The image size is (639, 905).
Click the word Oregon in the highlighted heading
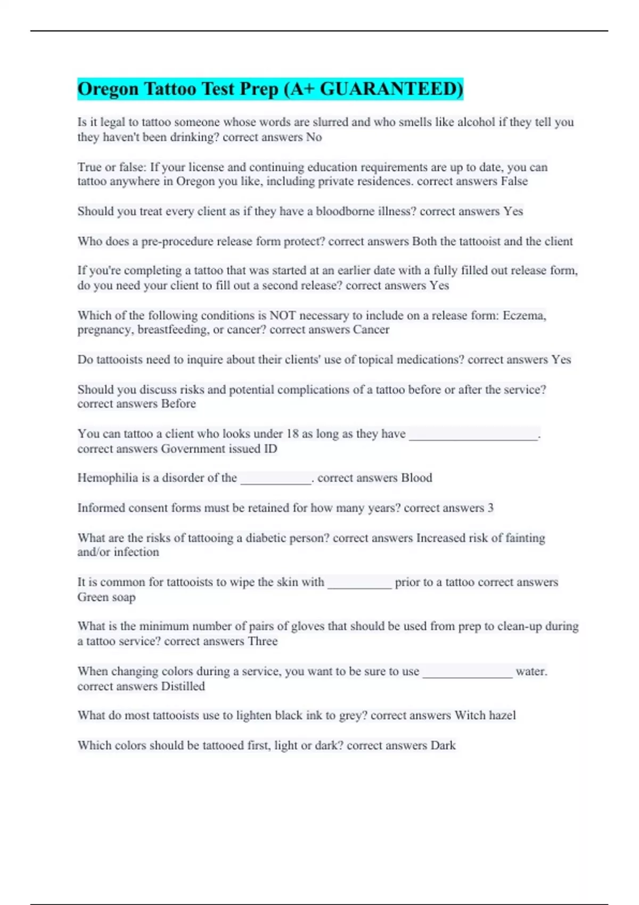pyautogui.click(x=108, y=89)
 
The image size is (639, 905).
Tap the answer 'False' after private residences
pyautogui.click(x=514, y=182)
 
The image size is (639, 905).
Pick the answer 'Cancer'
pyautogui.click(x=371, y=330)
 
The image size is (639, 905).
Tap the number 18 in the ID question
pyautogui.click(x=292, y=434)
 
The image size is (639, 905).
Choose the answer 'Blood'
pyautogui.click(x=416, y=478)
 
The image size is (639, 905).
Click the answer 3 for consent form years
pyautogui.click(x=490, y=508)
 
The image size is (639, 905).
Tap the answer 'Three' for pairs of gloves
pyautogui.click(x=263, y=641)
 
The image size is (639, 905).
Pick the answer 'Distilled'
pyautogui.click(x=183, y=686)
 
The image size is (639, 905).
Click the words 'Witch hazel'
pyautogui.click(x=485, y=715)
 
